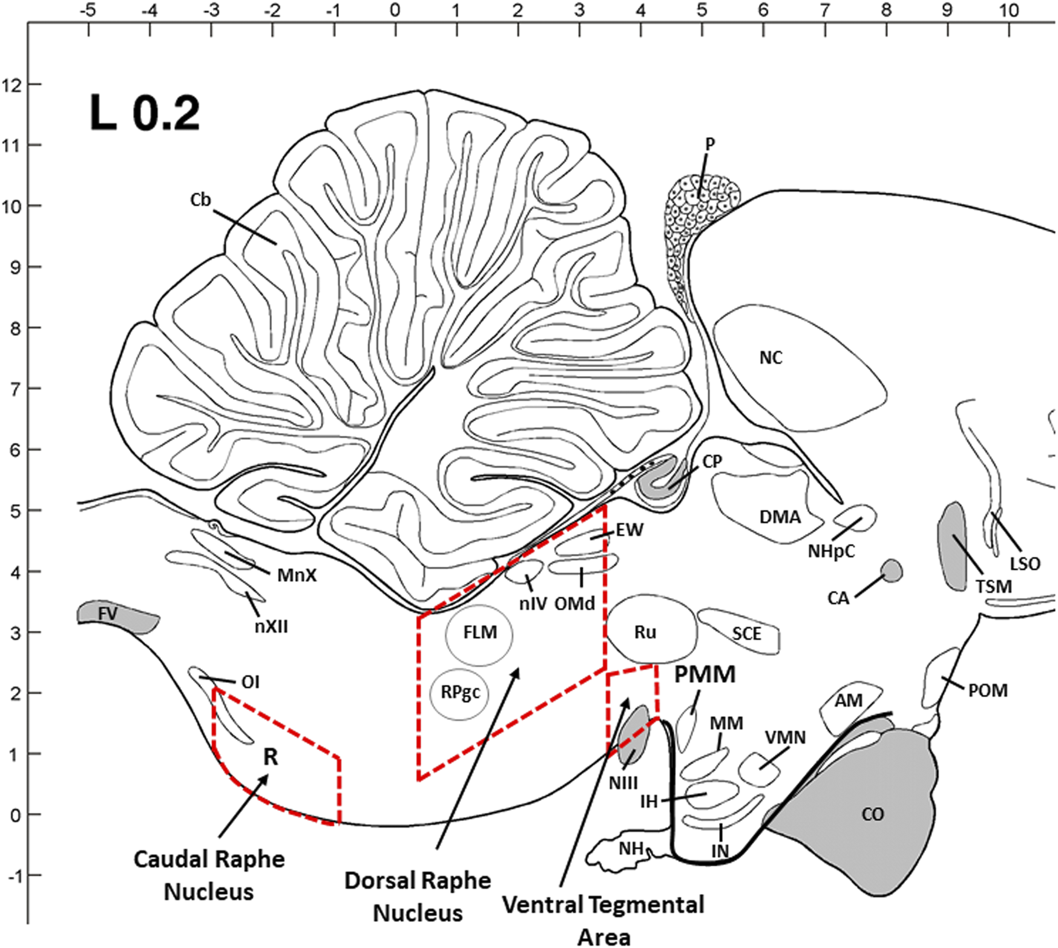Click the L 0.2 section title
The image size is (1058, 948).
[x=145, y=113]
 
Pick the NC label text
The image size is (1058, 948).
[x=770, y=358]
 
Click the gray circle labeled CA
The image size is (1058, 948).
[x=891, y=570]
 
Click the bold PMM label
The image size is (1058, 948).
[x=705, y=675]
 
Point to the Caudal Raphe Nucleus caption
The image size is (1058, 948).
[x=209, y=875]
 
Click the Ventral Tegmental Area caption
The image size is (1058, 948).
[x=603, y=920]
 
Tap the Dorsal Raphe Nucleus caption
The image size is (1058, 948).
[x=418, y=897]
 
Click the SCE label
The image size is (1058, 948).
[x=746, y=634]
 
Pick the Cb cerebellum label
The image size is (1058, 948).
[x=200, y=200]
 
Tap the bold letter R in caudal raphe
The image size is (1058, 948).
[x=270, y=757]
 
